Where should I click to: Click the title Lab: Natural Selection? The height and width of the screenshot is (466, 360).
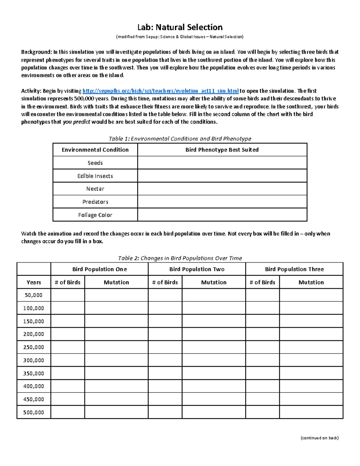(180, 27)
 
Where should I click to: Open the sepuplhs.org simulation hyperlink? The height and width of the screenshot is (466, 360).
(160, 91)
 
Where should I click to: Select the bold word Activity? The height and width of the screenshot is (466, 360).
(31, 91)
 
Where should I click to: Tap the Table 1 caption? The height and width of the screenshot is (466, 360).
(180, 139)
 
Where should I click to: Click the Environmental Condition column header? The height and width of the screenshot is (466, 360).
(95, 150)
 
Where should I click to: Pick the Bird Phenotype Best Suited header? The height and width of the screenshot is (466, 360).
(222, 150)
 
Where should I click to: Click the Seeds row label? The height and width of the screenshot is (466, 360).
(95, 163)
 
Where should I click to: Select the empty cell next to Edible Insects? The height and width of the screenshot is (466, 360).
(222, 176)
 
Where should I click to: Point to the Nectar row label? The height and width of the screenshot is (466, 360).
(95, 189)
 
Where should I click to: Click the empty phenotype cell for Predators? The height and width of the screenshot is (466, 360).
(222, 202)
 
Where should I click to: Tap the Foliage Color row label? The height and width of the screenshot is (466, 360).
(95, 215)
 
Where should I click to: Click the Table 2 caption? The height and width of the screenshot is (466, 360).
(180, 258)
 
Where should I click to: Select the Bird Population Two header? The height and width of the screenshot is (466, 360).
(197, 269)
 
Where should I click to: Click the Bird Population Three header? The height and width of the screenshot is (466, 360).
(294, 269)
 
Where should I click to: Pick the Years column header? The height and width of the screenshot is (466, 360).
(34, 282)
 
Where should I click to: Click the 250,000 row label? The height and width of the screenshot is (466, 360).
(34, 347)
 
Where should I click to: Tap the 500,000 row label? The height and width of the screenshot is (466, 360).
(34, 412)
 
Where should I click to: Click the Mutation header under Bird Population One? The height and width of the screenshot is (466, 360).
(116, 282)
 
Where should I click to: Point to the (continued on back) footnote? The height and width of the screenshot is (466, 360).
(319, 438)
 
